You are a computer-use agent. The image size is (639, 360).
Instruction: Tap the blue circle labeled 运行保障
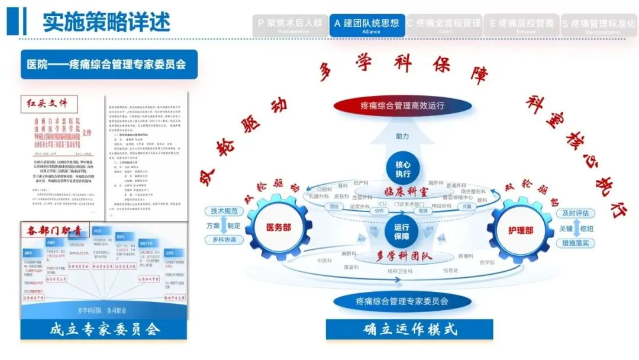402,231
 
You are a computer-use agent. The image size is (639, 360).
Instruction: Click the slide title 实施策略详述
106,22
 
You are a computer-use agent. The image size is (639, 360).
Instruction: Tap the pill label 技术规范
224,211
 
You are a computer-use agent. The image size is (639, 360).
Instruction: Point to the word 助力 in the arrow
402,136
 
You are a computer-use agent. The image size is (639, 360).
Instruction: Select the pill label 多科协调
224,240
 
